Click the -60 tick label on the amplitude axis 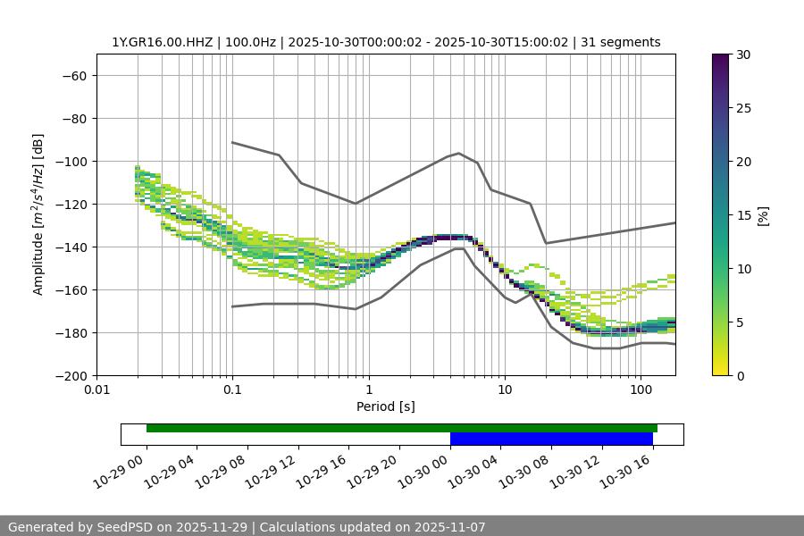point(73,75)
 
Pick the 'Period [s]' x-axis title point(385,406)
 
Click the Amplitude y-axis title point(38,214)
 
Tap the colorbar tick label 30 point(742,54)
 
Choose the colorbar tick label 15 point(742,215)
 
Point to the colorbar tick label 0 point(739,375)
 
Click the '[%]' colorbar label point(763,214)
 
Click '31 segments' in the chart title point(621,42)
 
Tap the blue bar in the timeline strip point(551,439)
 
